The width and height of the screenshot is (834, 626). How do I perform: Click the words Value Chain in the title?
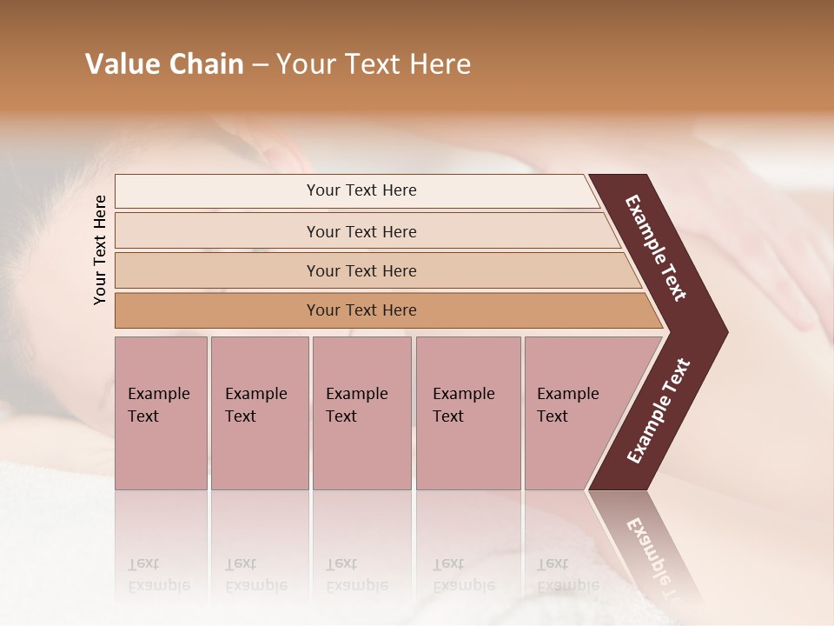(x=164, y=64)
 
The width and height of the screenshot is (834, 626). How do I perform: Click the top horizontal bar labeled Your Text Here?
(x=356, y=190)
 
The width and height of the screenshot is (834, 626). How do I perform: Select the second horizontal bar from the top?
(x=365, y=231)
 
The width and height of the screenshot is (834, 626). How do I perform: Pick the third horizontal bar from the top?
(x=374, y=270)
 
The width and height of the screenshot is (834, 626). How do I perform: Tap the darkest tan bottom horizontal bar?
(x=382, y=310)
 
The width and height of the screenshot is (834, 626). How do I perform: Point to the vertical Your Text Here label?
(x=100, y=250)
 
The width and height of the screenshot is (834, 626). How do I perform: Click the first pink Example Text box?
(x=161, y=413)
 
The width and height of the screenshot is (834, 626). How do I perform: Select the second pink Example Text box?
(x=259, y=413)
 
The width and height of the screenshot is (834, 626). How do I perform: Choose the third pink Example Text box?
(x=361, y=413)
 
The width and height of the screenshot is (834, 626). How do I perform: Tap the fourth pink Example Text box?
(x=467, y=413)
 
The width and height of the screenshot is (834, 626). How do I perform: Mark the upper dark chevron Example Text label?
(x=656, y=248)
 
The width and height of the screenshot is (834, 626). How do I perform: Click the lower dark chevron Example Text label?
(x=658, y=411)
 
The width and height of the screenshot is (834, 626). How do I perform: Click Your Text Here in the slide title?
(x=374, y=64)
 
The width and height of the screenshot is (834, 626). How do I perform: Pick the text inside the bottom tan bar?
(x=361, y=310)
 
